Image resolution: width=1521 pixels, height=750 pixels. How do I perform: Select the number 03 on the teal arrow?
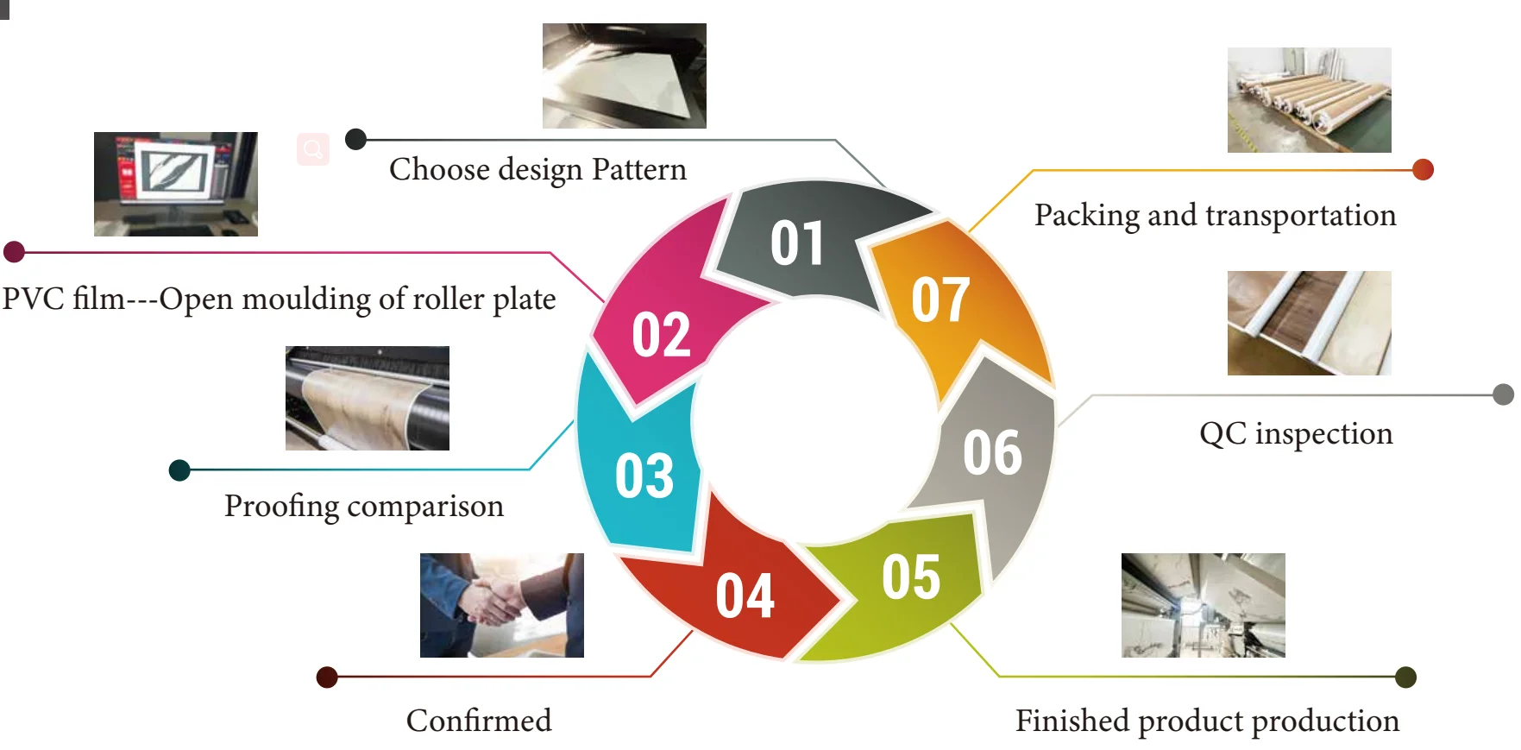coord(644,476)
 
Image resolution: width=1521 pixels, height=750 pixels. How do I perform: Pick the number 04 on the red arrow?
coord(745,596)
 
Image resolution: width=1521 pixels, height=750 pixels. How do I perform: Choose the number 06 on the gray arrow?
coord(992,452)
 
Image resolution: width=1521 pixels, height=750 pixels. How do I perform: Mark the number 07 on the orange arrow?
coord(940,299)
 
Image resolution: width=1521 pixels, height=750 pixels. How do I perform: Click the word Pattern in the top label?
coord(638,170)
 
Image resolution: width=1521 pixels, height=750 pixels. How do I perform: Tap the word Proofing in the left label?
coord(281,507)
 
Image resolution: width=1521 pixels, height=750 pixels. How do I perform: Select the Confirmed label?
coord(479,721)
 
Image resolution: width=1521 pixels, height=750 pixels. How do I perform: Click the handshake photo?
coord(501,605)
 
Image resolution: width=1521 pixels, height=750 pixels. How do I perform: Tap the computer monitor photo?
coord(175,184)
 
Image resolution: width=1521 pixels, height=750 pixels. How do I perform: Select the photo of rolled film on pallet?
coord(1309,100)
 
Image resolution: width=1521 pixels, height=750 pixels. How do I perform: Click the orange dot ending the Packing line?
coord(1423,170)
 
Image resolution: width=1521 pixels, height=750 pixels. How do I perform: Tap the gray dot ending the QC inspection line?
coord(1503,394)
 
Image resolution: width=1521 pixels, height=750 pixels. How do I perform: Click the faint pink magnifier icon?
coord(313,149)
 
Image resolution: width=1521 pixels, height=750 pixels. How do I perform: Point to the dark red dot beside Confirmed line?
coord(327,677)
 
